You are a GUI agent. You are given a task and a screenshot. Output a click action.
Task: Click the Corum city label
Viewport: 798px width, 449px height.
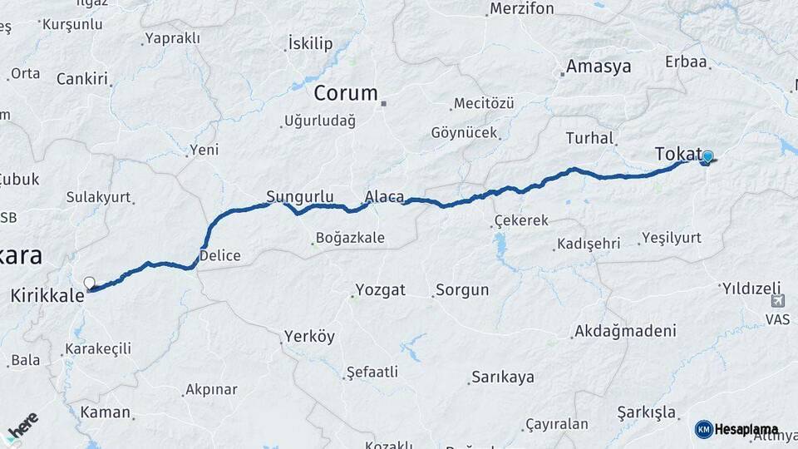346,93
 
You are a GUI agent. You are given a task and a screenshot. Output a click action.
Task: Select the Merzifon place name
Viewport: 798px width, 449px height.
521,9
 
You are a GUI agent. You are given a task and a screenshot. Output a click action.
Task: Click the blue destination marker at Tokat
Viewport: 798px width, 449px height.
707,156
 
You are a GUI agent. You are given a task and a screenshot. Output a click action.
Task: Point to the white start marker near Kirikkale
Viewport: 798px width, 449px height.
89,283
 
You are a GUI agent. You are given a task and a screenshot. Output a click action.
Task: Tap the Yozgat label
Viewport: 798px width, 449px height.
380,290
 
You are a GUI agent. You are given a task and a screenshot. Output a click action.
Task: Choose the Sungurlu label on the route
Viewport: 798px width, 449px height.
299,197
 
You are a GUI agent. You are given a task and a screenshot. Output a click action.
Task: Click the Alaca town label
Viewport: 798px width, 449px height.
384,197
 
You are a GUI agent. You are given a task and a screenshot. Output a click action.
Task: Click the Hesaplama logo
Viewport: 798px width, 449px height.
736,429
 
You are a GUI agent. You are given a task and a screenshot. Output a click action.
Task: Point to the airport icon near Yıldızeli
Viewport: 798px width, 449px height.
777,301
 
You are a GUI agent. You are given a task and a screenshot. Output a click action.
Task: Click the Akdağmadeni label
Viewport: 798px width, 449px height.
624,331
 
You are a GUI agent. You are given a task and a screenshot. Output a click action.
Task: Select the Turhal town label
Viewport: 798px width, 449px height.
589,138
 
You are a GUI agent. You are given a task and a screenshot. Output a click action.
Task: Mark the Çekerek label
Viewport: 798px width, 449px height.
521,220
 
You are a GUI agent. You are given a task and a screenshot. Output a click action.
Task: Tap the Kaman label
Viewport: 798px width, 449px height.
105,412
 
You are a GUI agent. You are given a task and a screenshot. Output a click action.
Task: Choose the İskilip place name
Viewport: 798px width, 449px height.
310,43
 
